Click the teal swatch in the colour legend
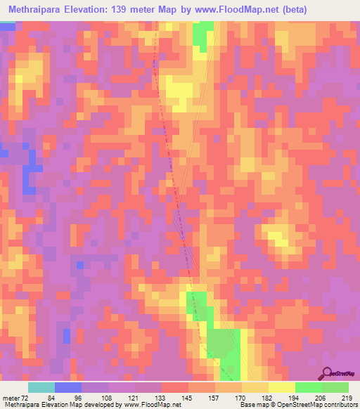click(41, 387)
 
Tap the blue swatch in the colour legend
click(68, 387)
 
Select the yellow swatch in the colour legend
click(282, 387)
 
